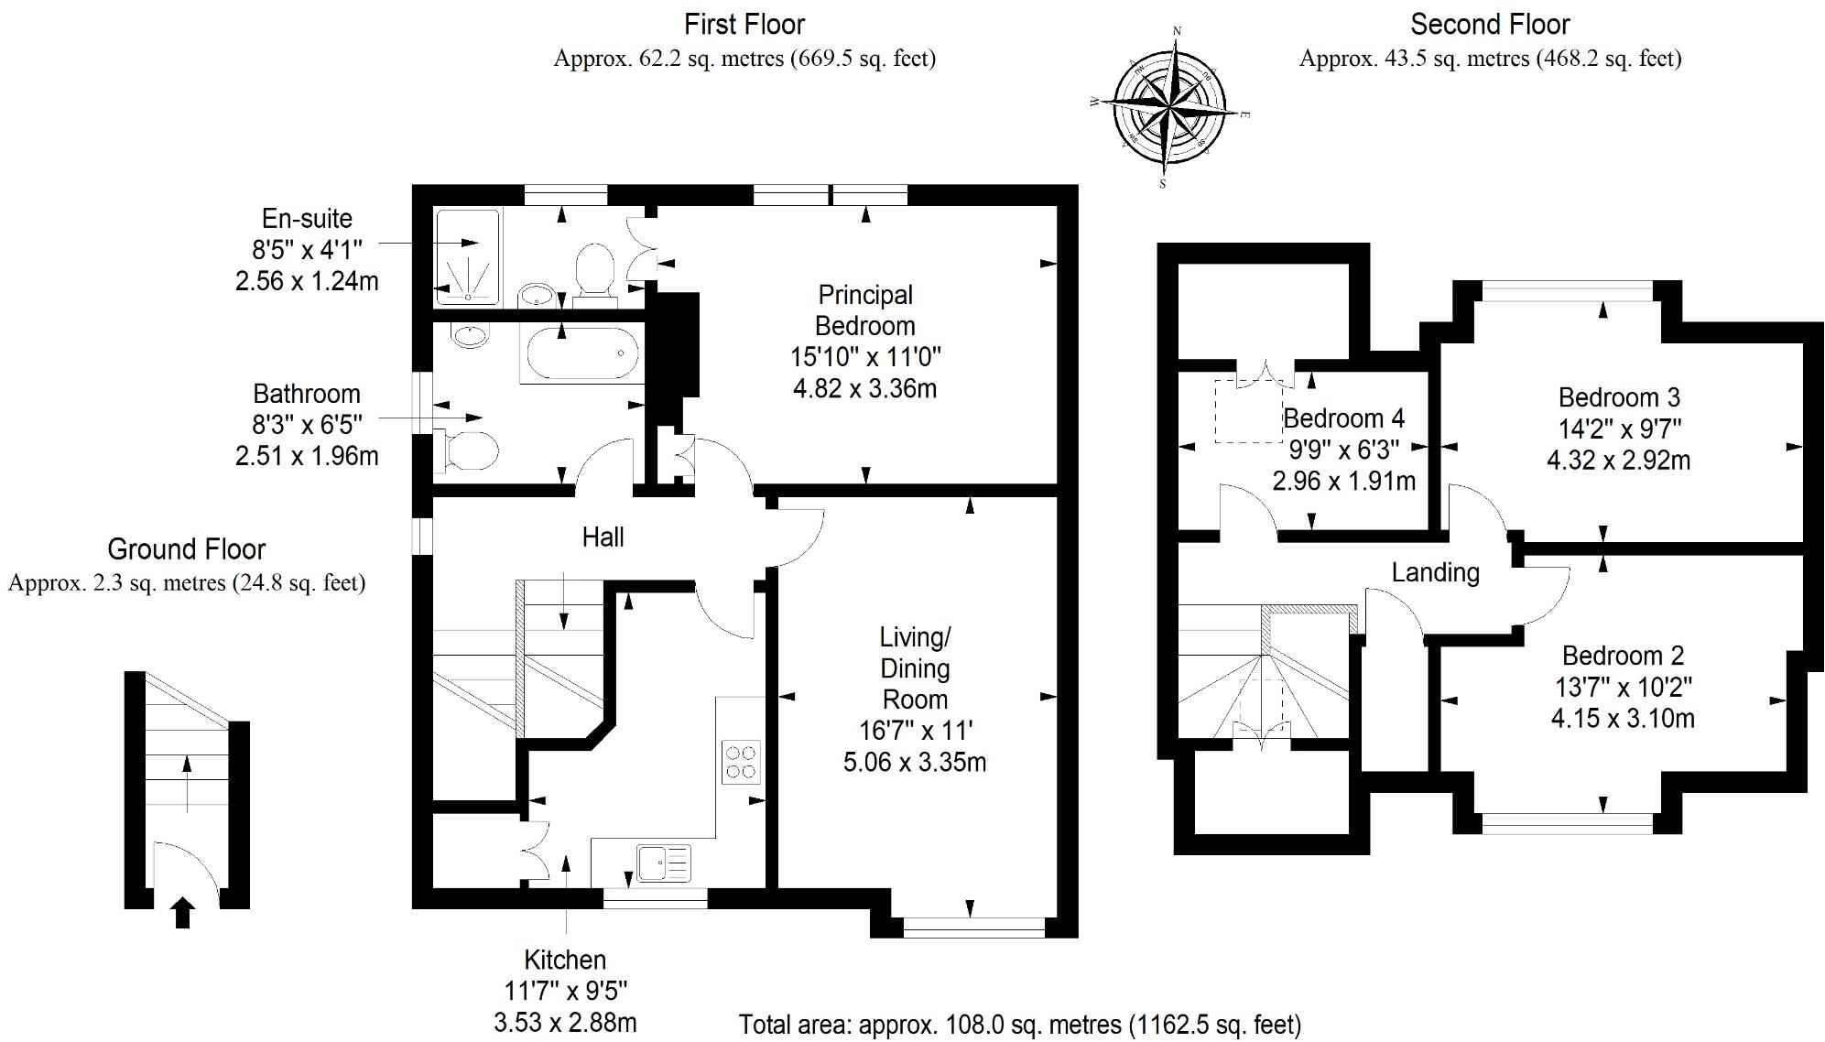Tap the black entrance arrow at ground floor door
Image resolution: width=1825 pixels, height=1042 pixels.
tap(182, 913)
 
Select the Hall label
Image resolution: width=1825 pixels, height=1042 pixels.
tap(603, 537)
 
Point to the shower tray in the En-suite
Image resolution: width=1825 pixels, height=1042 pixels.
tap(468, 257)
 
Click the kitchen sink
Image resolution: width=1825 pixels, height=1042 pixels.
tap(664, 863)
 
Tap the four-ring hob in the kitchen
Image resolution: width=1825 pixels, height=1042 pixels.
tap(741, 762)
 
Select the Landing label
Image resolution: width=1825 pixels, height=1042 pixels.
tap(1435, 573)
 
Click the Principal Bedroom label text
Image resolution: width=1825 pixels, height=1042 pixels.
tap(864, 310)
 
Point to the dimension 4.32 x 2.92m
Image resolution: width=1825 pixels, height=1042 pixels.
tap(1618, 460)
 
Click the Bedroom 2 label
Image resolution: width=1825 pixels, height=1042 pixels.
tap(1623, 656)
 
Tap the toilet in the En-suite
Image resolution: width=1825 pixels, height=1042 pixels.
tap(594, 269)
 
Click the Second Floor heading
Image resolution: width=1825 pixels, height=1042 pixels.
tap(1489, 24)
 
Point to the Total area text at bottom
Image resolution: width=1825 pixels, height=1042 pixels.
tap(1019, 1024)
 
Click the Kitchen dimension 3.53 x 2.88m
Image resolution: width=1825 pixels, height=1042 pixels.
tap(565, 1022)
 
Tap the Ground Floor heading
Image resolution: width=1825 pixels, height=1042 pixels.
tap(186, 549)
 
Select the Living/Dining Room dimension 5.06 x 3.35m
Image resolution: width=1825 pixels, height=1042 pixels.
tap(914, 762)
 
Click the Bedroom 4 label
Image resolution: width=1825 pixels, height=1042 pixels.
tap(1343, 418)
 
